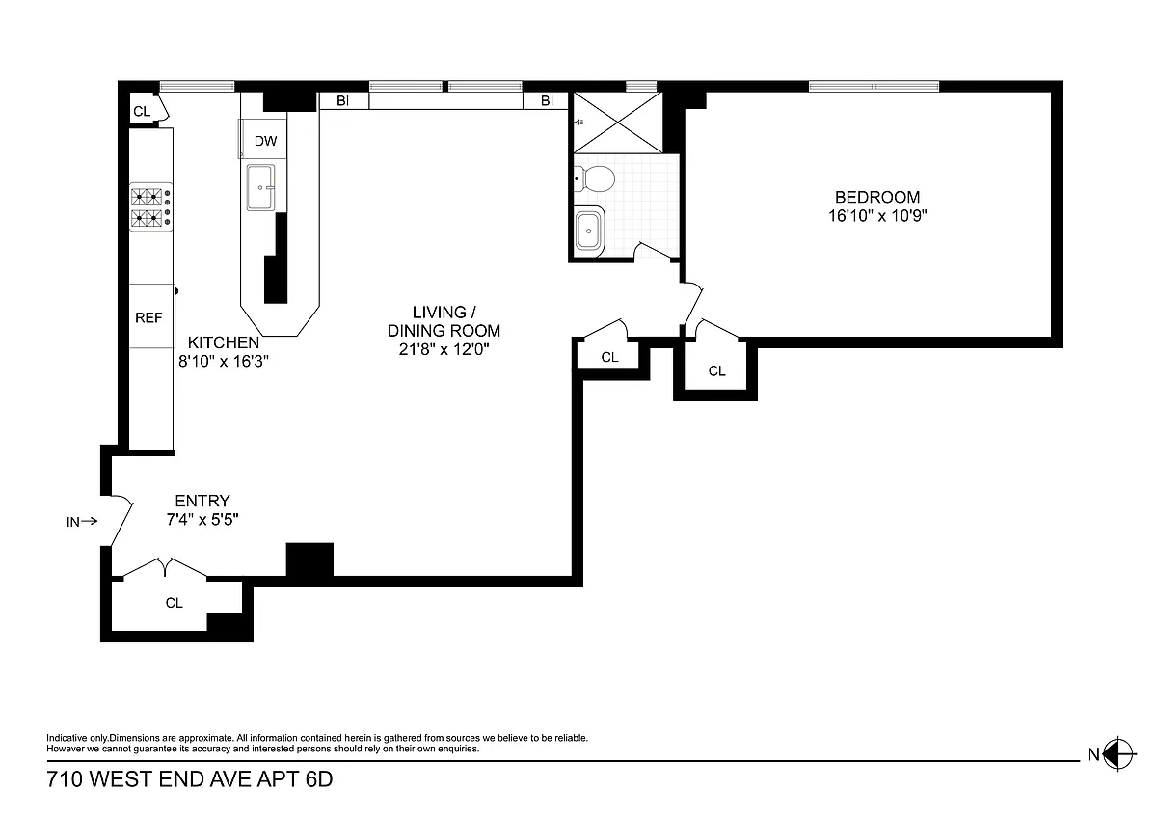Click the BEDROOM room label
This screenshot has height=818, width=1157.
point(877,197)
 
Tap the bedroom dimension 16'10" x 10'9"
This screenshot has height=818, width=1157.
point(877,215)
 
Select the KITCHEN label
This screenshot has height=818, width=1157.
point(223,342)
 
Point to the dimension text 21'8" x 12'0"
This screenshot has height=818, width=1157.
point(444,349)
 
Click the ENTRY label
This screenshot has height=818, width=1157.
point(202,501)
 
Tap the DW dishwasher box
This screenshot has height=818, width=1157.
point(263,139)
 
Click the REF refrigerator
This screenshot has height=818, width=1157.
point(150,315)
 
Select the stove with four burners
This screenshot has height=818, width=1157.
point(150,207)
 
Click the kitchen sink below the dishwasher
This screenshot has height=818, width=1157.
point(260,187)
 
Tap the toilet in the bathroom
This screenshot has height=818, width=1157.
point(595,178)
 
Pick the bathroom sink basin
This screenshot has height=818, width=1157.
point(589,231)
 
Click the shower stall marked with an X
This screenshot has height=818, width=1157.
point(618,123)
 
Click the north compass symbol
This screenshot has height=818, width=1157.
point(1117,754)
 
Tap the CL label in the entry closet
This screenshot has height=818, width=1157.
point(175,603)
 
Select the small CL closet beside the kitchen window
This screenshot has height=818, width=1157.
point(148,109)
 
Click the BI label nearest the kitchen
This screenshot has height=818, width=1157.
point(343,100)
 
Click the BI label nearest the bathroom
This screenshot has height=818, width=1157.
point(547,100)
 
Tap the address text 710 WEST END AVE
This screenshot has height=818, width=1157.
point(148,779)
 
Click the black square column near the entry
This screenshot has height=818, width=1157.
point(309,559)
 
